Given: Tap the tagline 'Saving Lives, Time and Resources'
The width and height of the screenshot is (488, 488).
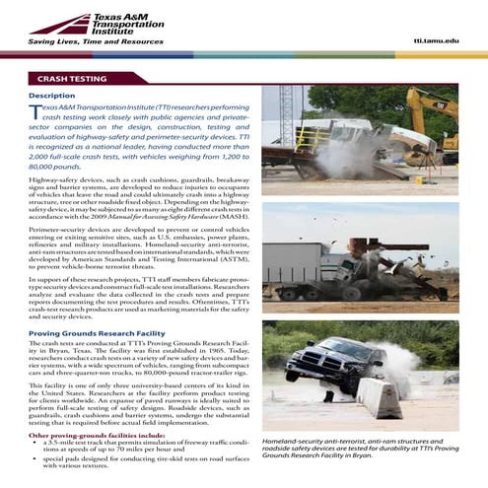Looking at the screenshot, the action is pos(95,41).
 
